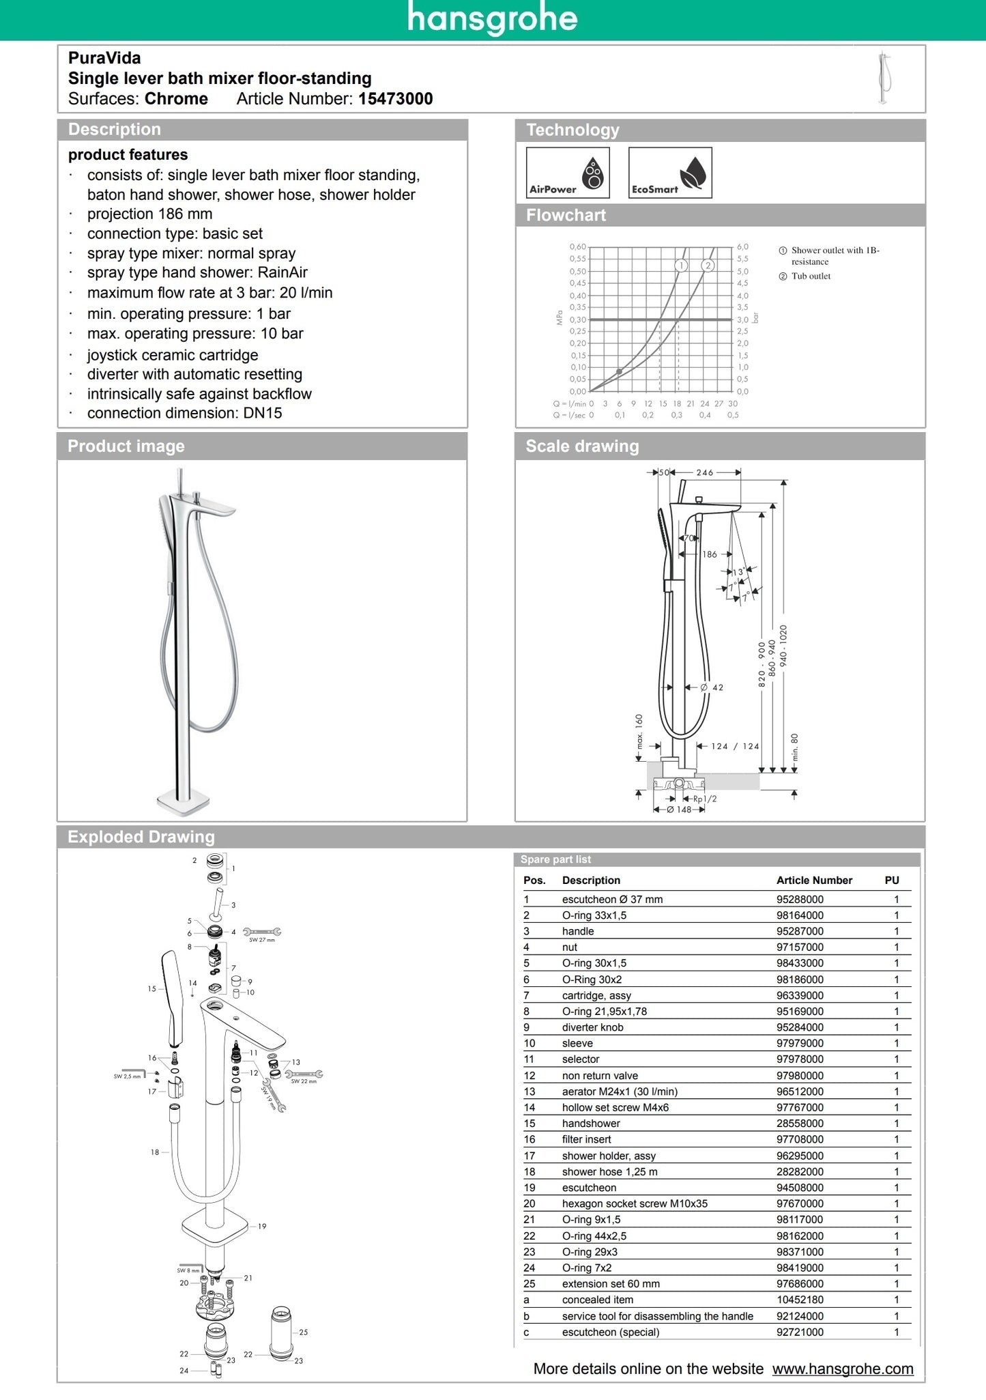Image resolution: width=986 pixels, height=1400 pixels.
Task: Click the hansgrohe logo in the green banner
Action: (492, 18)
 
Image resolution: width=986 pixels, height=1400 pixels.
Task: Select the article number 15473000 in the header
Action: (395, 99)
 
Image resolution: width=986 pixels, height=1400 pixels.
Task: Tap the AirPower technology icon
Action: (567, 173)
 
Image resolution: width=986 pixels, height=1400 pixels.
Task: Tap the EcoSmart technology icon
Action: (669, 173)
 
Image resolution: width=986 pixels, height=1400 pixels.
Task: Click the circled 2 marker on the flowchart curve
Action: (708, 266)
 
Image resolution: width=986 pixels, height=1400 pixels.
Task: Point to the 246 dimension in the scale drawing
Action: (705, 472)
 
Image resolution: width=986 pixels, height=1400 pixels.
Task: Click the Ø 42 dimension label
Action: (712, 687)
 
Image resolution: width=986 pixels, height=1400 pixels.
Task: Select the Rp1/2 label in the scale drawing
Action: (705, 799)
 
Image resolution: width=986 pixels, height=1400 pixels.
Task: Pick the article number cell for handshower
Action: (800, 1124)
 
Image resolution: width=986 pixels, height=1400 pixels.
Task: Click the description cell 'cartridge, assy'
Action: (596, 996)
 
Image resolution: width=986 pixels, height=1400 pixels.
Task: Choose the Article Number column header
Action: (814, 881)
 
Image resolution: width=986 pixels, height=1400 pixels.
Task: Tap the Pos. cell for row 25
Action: (530, 1284)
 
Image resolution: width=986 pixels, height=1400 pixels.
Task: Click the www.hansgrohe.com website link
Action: (842, 1369)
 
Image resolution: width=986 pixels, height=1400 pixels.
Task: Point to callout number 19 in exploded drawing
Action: (262, 1227)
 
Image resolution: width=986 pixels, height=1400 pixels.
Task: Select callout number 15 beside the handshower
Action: (151, 988)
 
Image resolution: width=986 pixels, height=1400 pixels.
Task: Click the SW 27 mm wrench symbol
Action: (262, 932)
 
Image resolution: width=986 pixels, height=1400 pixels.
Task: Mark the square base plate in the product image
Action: (182, 803)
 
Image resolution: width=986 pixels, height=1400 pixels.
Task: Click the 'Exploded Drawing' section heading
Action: (141, 837)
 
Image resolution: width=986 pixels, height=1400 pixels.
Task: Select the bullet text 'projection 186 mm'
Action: (149, 214)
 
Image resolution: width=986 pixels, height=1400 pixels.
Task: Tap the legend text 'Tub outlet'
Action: (811, 276)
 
